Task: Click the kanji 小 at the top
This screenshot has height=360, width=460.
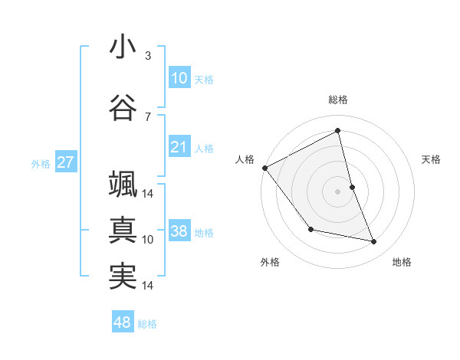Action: [123, 47]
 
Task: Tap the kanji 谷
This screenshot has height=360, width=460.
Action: [123, 109]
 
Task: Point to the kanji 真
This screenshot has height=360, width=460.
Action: [123, 230]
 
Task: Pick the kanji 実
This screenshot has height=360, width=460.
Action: [123, 276]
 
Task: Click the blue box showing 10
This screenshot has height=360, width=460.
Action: [179, 78]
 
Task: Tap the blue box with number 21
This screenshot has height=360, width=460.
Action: [179, 147]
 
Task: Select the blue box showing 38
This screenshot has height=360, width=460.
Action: [179, 232]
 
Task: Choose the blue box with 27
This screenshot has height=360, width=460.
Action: [65, 162]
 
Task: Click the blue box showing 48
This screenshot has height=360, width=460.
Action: [123, 322]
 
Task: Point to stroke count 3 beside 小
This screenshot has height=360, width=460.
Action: [148, 55]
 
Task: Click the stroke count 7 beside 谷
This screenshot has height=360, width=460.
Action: [148, 116]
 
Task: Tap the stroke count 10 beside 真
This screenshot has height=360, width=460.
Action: [148, 239]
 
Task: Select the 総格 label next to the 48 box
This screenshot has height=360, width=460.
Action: [147, 324]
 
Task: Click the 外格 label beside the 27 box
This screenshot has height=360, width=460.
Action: [41, 163]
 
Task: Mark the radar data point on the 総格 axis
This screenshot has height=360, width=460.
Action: [337, 131]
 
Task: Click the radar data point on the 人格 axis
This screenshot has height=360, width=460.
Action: [264, 168]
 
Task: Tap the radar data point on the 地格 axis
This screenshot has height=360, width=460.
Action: [374, 242]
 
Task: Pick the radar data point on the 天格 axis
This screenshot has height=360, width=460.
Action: [352, 186]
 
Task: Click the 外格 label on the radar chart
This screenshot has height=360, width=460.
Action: [270, 262]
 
